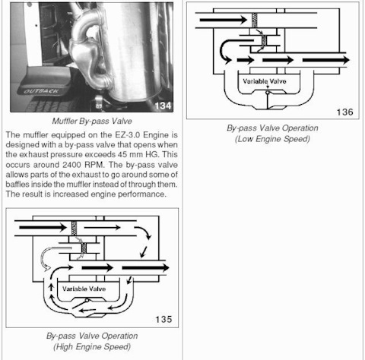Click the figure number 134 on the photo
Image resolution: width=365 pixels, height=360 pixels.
coord(163,106)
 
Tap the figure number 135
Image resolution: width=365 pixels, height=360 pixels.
coord(163,319)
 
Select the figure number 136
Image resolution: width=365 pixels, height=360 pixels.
coord(344,112)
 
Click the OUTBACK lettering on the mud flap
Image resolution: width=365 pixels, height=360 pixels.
coord(41,91)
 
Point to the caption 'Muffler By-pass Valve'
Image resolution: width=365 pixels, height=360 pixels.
coord(92,121)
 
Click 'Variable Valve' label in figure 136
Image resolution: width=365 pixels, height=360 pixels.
coord(265,81)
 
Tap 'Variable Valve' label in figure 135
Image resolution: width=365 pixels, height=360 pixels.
coord(84,289)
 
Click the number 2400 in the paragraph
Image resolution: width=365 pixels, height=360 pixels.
coord(72,165)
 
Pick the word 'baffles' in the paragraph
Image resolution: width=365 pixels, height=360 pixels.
coord(16,184)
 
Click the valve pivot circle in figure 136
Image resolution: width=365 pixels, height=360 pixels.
coord(268,93)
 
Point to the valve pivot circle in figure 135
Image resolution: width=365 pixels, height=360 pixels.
coord(87,301)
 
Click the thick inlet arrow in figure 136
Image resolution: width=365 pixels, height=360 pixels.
coord(224,20)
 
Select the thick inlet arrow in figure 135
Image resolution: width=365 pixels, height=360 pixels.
coord(43,227)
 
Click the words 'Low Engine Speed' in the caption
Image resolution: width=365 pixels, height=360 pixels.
coord(272,139)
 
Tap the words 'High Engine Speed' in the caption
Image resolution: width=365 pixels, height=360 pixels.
coord(92,346)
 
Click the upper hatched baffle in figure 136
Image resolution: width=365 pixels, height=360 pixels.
coord(255,21)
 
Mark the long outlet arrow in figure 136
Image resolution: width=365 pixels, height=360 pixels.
coord(326,60)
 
